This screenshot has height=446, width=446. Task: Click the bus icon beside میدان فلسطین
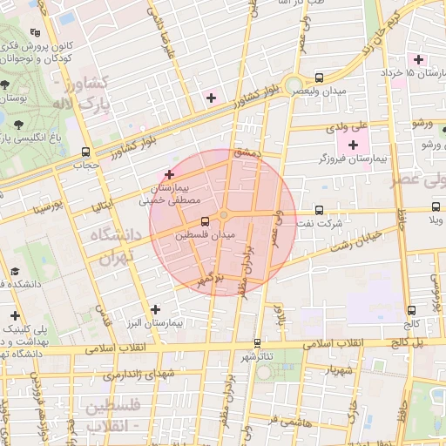(x=205, y=221)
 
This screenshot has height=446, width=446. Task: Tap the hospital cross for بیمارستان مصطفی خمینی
(x=169, y=174)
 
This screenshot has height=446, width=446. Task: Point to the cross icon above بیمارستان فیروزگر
(x=353, y=145)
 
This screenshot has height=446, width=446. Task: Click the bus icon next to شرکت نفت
(x=319, y=210)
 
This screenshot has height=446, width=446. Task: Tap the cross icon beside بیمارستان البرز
(x=155, y=309)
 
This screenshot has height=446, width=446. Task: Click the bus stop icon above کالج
(x=411, y=309)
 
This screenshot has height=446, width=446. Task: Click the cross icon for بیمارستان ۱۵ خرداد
(x=421, y=59)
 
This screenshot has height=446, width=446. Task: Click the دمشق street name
(x=245, y=153)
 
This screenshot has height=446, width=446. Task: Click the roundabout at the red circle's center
(x=224, y=215)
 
